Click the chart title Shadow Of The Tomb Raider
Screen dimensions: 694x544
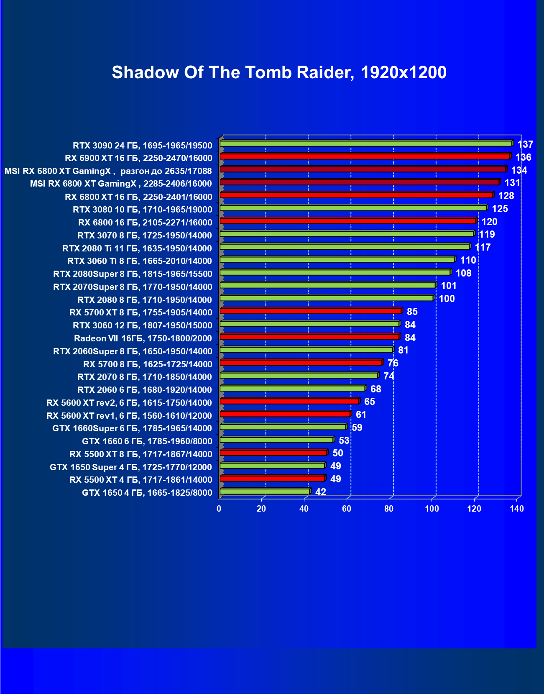pos(279,72)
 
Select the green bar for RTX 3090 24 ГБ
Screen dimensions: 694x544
pos(366,143)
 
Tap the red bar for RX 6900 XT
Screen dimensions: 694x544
pos(365,156)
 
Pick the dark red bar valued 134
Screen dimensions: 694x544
pos(363,169)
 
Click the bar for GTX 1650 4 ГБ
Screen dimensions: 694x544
pos(265,491)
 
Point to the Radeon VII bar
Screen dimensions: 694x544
pos(309,337)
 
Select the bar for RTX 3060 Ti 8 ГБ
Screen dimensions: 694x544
pos(337,259)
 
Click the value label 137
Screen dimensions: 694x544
pos(525,144)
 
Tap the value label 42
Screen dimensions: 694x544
pos(321,492)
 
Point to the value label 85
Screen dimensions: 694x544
pos(412,312)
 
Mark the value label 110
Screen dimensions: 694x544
pos(468,260)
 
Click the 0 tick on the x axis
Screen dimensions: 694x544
pos(219,509)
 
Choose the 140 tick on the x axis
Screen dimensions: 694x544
pos(517,509)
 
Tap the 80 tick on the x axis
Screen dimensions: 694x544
pos(389,509)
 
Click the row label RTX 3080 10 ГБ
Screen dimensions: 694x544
pos(142,210)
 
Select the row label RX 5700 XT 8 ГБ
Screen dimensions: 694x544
pos(140,312)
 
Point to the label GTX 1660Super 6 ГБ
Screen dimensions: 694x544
pos(132,428)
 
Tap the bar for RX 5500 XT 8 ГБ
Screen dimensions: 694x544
pos(273,453)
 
